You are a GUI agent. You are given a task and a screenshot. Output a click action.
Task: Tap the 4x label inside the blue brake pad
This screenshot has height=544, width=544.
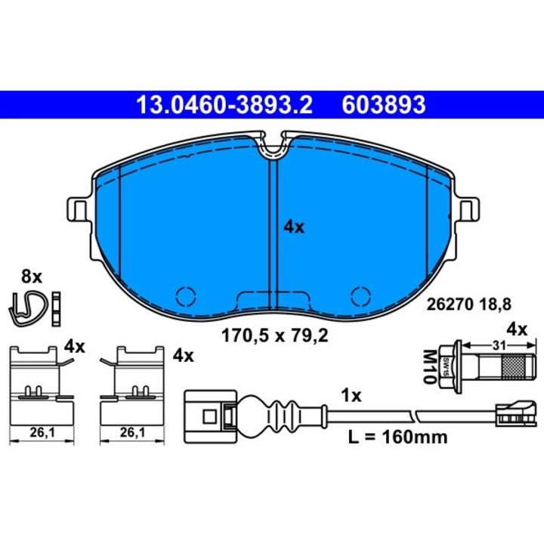293,226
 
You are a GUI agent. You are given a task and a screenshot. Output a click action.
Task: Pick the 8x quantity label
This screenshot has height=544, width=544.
32,277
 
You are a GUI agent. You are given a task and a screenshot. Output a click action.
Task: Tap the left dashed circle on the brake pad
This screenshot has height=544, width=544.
186,295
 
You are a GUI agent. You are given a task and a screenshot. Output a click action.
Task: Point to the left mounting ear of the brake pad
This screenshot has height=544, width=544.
79,207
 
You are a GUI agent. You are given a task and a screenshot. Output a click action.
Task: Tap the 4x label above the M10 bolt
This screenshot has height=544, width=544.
515,329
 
